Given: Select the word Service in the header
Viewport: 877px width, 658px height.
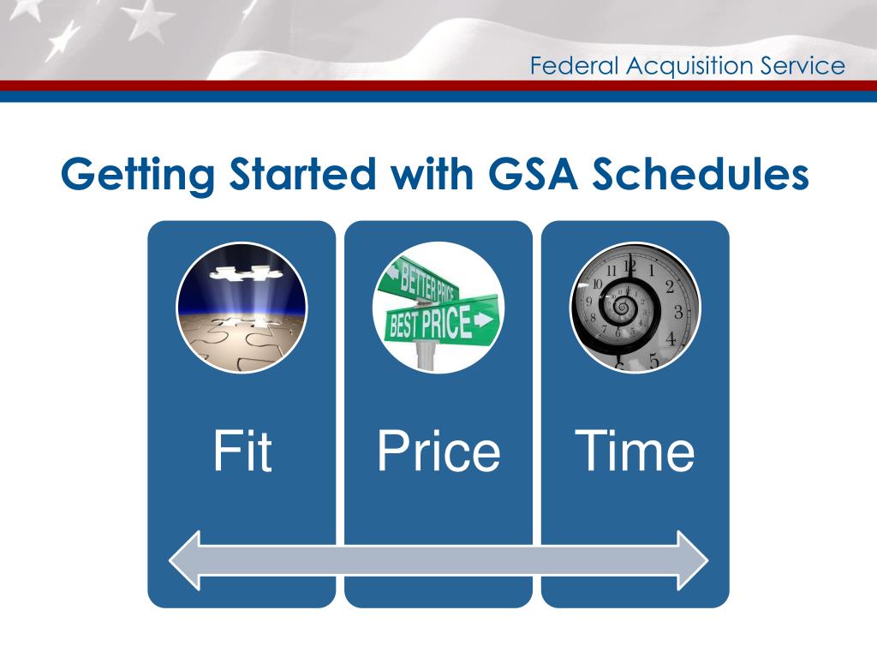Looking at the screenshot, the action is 802,65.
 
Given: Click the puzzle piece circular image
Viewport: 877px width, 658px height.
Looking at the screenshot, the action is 242,308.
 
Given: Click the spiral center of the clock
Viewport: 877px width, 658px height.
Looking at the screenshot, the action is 621,306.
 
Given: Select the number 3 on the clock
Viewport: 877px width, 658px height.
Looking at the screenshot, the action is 678,311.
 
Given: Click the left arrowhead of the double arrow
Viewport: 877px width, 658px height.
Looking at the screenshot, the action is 185,560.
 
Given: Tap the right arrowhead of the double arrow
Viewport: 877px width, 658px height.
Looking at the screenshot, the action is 692,560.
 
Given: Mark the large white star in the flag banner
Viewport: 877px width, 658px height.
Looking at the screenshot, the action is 146,19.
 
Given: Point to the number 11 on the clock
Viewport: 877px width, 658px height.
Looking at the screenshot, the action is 612,271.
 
